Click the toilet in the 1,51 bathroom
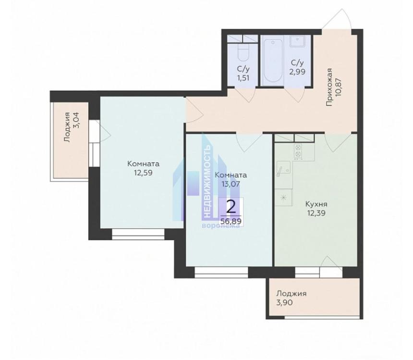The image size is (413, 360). pyautogui.click(x=243, y=53)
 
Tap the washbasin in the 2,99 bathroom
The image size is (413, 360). pyautogui.click(x=297, y=41)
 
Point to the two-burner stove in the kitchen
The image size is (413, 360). pyautogui.click(x=298, y=151)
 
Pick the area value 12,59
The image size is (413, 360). pyautogui.click(x=143, y=173)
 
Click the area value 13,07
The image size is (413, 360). pyautogui.click(x=231, y=184)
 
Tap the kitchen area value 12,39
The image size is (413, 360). pyautogui.click(x=316, y=212)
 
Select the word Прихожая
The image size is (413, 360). pyautogui.click(x=329, y=87)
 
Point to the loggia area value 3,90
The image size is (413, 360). pyautogui.click(x=284, y=302)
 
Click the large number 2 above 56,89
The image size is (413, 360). pyautogui.click(x=231, y=207)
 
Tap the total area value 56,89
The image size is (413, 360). pyautogui.click(x=231, y=221)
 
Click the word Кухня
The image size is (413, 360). pyautogui.click(x=316, y=204)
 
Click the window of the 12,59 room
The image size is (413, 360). pyautogui.click(x=138, y=234)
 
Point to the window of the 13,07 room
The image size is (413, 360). pyautogui.click(x=221, y=272)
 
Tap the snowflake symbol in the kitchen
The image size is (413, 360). pyautogui.click(x=283, y=198)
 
